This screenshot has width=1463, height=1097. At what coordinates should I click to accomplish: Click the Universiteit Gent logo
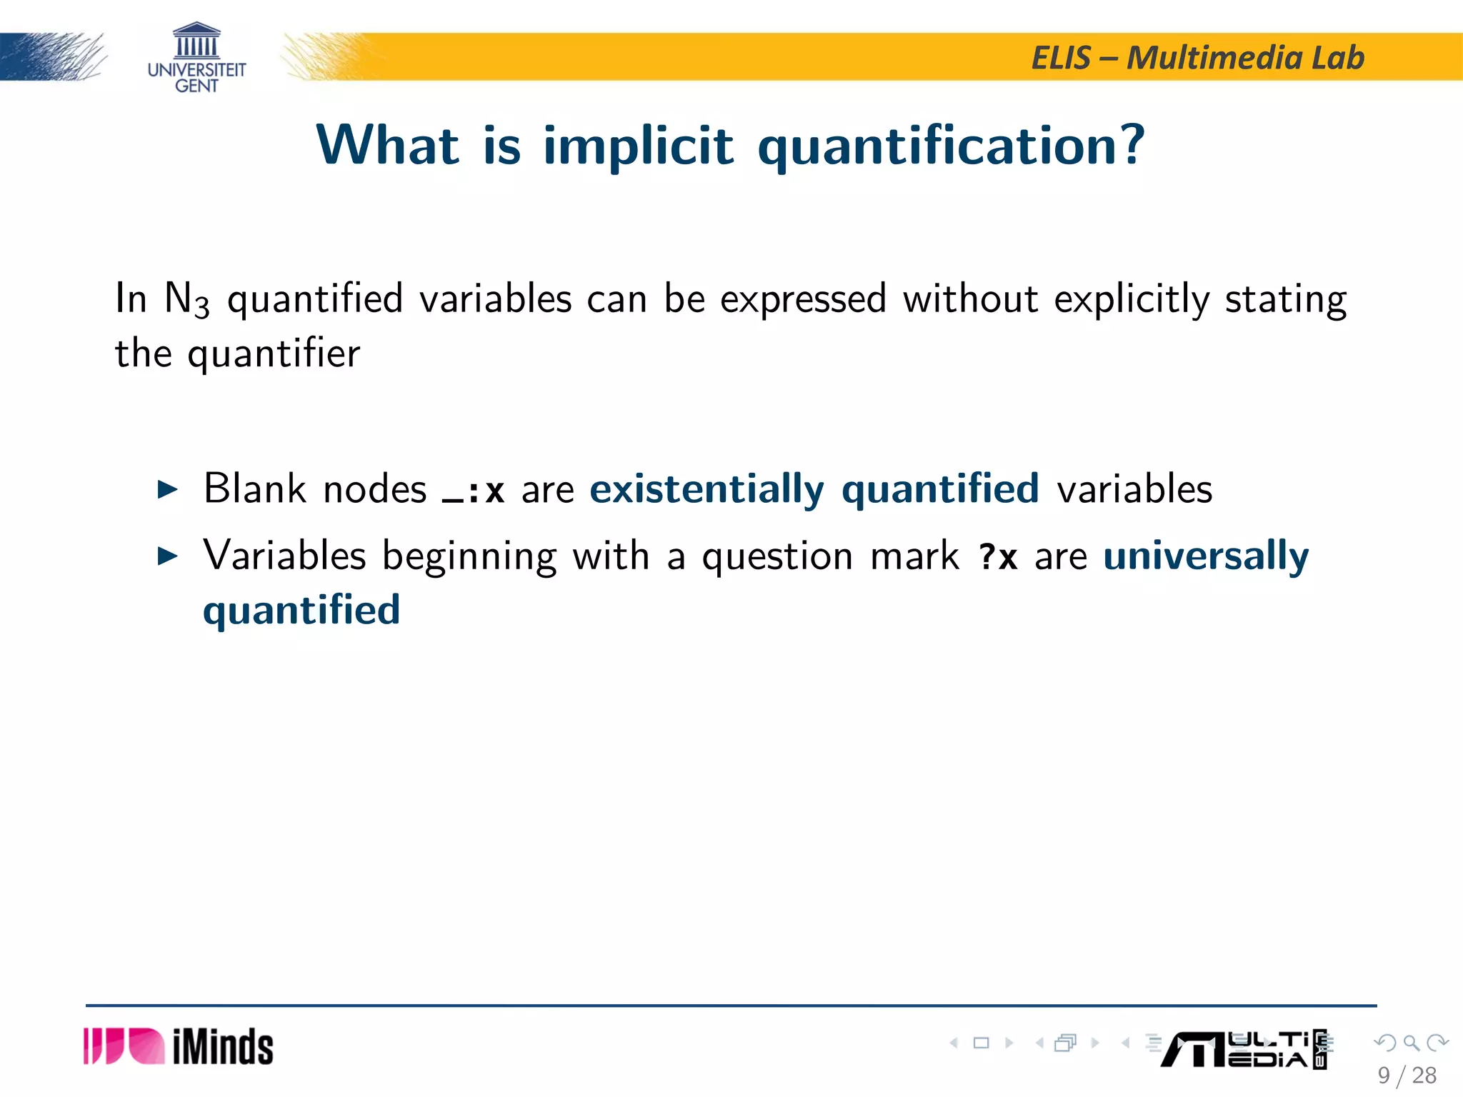[196, 57]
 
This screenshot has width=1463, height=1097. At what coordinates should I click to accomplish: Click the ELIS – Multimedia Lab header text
[1197, 58]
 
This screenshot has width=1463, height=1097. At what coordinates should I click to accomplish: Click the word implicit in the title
[638, 146]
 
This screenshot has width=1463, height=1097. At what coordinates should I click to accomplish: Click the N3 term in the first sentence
[186, 299]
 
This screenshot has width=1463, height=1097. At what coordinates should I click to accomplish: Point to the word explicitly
[1132, 299]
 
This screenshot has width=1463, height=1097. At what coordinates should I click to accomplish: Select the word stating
[1285, 299]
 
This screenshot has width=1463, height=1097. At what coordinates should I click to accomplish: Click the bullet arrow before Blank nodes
[167, 490]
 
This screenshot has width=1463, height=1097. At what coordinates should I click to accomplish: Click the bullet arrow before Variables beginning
[167, 556]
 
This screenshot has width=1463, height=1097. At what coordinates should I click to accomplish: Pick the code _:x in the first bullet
[474, 491]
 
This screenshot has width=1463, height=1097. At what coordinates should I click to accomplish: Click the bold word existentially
[706, 490]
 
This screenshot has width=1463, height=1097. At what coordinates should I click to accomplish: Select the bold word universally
[1206, 556]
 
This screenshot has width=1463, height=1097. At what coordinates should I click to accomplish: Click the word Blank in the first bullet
[255, 489]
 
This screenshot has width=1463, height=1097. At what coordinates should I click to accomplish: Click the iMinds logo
[179, 1046]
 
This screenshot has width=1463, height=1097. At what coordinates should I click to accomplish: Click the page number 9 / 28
[1407, 1075]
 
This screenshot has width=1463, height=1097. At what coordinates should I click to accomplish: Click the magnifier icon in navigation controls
[1411, 1043]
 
